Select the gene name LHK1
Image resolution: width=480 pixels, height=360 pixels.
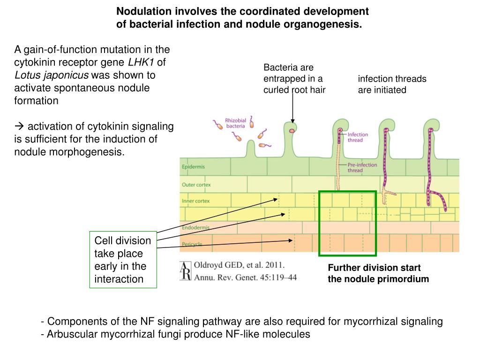click(141, 62)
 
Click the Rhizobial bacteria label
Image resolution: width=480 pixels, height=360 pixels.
click(236, 123)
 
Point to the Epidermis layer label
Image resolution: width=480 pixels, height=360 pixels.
click(193, 167)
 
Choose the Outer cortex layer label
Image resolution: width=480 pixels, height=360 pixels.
click(196, 185)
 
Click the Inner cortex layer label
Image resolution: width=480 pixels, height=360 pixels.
click(195, 201)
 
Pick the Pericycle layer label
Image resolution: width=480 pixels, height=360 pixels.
click(192, 244)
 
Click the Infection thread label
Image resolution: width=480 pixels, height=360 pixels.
click(358, 137)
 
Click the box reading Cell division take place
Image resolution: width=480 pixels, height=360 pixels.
click(123, 260)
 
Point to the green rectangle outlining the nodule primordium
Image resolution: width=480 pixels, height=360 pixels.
click(347, 192)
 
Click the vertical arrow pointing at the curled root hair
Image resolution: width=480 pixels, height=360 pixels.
click(292, 108)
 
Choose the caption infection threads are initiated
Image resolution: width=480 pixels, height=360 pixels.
click(392, 84)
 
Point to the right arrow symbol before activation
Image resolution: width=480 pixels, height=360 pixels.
click(19, 127)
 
